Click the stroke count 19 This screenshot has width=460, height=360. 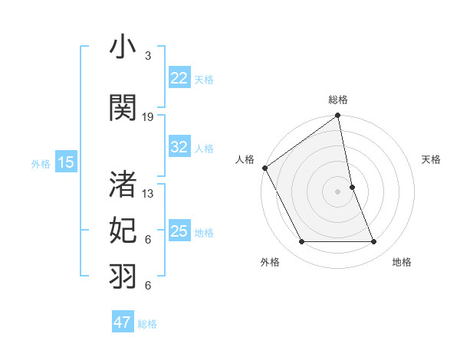pyautogui.click(x=148, y=116)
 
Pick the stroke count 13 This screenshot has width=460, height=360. pyautogui.click(x=148, y=193)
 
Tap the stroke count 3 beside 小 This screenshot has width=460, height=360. pyautogui.click(x=148, y=57)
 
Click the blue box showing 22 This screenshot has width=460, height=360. pyautogui.click(x=179, y=77)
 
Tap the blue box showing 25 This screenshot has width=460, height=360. pyautogui.click(x=179, y=231)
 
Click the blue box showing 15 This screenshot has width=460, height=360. pyautogui.click(x=66, y=162)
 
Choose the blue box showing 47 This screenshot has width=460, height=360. pyautogui.click(x=123, y=322)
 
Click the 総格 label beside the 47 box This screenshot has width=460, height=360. pyautogui.click(x=147, y=324)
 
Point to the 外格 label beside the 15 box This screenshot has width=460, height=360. pyautogui.click(x=41, y=163)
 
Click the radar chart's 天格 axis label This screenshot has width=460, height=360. pyautogui.click(x=432, y=159)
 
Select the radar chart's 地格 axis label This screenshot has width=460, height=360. pyautogui.click(x=402, y=262)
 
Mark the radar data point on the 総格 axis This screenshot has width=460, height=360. pyautogui.click(x=338, y=116)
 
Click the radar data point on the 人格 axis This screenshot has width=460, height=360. pyautogui.click(x=264, y=168)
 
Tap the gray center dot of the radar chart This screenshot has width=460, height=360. pyautogui.click(x=338, y=191)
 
